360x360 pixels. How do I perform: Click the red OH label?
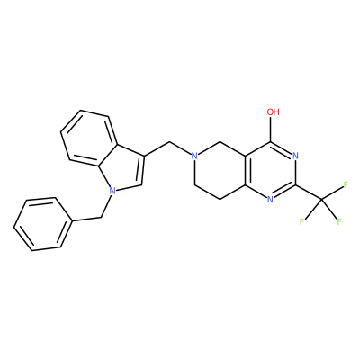pos(273,112)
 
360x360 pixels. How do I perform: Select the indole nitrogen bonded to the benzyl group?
pos(112,190)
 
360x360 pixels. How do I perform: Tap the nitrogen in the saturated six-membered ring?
pos(194,156)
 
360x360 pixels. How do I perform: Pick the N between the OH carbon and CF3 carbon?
pos(295,156)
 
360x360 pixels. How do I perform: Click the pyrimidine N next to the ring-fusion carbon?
pos(270,199)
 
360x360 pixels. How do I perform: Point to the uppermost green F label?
pos(346,184)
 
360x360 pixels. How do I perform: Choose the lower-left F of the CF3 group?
pos(301,222)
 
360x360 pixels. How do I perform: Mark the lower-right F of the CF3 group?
pos(339,222)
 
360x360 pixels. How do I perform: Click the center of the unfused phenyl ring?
pos(44,224)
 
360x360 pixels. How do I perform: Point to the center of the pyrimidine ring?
pos(270,170)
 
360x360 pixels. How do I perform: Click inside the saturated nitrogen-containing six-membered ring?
pos(220,170)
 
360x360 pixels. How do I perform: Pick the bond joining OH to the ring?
pos(271,130)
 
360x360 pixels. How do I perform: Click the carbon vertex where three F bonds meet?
pos(320,199)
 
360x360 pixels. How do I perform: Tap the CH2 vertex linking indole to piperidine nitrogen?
pos(170,142)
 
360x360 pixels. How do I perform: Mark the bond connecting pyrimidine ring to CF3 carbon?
pos(308,192)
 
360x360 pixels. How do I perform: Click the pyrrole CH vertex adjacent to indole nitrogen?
pos(141,184)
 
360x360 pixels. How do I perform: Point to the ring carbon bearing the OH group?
pos(271,142)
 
